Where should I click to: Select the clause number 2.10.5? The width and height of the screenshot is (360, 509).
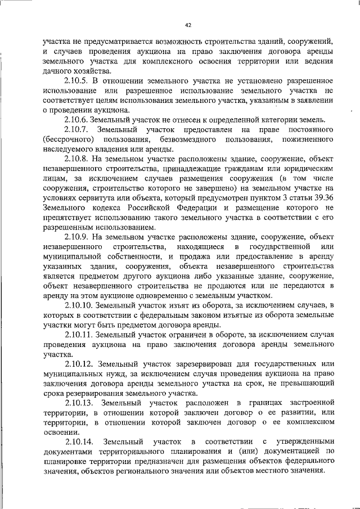(78, 82)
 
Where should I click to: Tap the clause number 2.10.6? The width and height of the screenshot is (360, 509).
(78, 120)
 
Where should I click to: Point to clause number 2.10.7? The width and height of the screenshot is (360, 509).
(78, 130)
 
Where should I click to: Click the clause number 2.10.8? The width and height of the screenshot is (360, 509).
(78, 159)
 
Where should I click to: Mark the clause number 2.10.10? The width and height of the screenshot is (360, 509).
(79, 305)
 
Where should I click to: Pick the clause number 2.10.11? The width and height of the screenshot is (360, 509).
(79, 335)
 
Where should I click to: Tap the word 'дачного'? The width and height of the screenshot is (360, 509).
(58, 71)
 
